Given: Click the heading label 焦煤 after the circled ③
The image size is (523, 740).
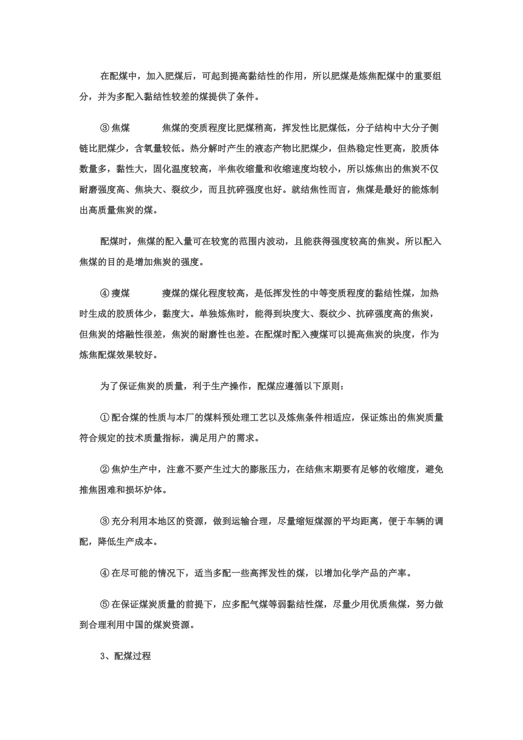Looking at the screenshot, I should [121, 129].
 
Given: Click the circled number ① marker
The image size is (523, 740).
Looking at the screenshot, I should [105, 418].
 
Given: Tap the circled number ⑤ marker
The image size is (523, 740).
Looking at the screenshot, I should [105, 605].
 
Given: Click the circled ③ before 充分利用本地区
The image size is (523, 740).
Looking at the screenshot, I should [105, 521].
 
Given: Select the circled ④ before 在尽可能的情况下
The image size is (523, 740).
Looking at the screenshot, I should [105, 573].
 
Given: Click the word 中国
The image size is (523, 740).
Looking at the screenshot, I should [135, 625].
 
